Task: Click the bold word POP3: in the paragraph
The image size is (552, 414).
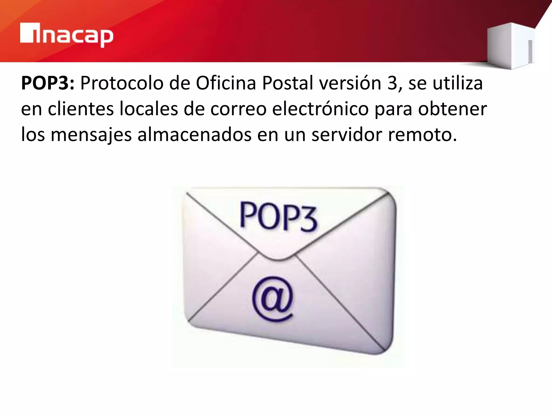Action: click(47, 83)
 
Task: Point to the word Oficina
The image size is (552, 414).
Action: click(226, 83)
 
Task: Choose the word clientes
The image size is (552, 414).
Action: click(81, 109)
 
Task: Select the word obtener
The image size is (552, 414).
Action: click(453, 109)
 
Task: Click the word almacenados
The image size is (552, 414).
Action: click(194, 134)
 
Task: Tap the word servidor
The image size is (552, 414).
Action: click(347, 134)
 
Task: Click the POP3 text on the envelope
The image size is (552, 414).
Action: click(278, 217)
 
